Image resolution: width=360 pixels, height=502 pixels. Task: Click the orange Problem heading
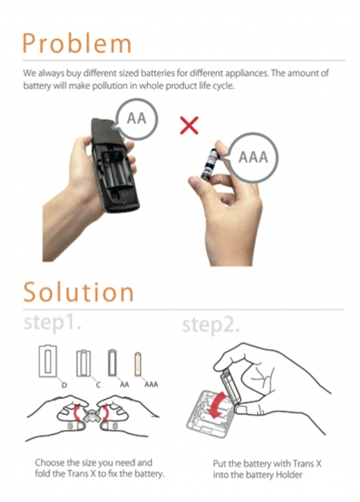(77, 43)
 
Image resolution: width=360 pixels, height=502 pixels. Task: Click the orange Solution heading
(78, 292)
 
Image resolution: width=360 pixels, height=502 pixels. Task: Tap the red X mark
(189, 125)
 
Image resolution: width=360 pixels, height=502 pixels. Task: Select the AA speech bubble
(136, 119)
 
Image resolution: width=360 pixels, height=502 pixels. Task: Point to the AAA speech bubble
(253, 157)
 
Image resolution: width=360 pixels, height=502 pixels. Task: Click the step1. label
(52, 322)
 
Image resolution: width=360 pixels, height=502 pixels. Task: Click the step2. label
(210, 325)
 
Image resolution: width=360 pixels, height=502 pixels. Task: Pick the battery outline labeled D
(47, 361)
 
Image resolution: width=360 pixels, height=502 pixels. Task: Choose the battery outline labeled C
(83, 363)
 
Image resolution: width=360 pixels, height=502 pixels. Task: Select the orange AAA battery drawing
(138, 364)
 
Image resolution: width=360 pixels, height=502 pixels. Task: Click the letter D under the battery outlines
(64, 384)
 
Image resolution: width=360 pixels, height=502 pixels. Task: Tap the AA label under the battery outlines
(124, 384)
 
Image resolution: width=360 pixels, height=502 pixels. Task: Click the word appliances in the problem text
(246, 74)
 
